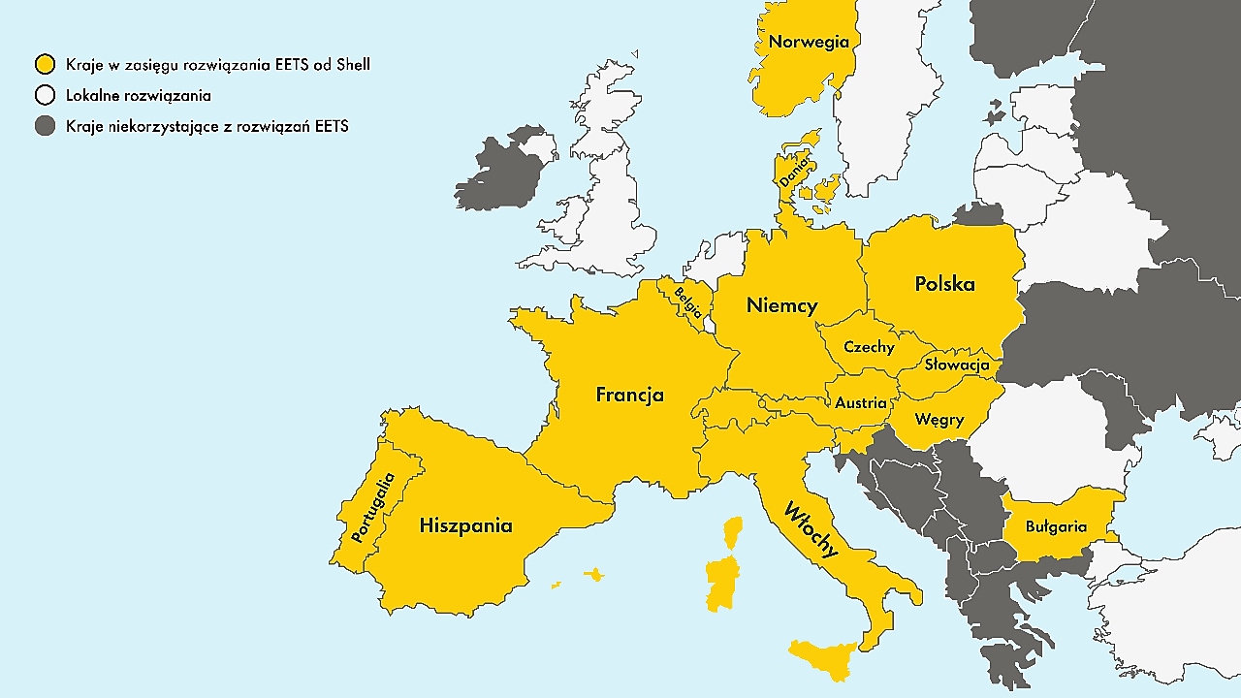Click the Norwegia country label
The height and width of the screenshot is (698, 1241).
point(809,42)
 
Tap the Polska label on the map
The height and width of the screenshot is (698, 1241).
point(944,284)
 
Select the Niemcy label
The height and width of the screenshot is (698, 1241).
point(781,305)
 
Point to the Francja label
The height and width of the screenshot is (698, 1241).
point(629,395)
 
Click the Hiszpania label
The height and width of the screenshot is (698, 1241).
point(465,526)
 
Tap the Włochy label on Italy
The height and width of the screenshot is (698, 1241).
point(811,529)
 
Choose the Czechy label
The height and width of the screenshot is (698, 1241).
point(869,347)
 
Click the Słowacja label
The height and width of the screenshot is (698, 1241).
point(956,365)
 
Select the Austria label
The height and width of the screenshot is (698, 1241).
point(860,402)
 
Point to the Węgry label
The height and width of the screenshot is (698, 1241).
point(939,420)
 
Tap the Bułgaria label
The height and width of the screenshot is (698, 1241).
point(1057,527)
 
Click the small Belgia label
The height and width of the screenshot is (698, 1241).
point(688,302)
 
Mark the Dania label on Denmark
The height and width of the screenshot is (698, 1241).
point(793,171)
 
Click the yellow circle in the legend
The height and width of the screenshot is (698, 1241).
point(45,65)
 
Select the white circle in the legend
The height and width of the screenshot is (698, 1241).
point(45,95)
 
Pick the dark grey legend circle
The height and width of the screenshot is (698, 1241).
point(45,126)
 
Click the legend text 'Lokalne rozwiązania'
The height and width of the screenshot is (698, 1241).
point(139,95)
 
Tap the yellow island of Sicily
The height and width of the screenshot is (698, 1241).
point(824,657)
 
